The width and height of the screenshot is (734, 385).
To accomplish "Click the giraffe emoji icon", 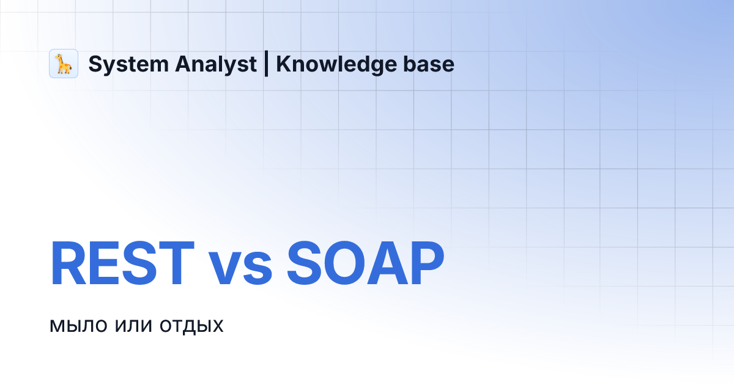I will pyautogui.click(x=64, y=64).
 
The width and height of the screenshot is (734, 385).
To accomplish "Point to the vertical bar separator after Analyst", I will pyautogui.click(x=266, y=64).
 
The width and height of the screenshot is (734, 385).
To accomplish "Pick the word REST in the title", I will pyautogui.click(x=122, y=264).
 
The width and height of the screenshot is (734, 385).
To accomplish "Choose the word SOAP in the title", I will pyautogui.click(x=365, y=264).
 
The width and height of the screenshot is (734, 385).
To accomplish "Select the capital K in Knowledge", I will pyautogui.click(x=283, y=64).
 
